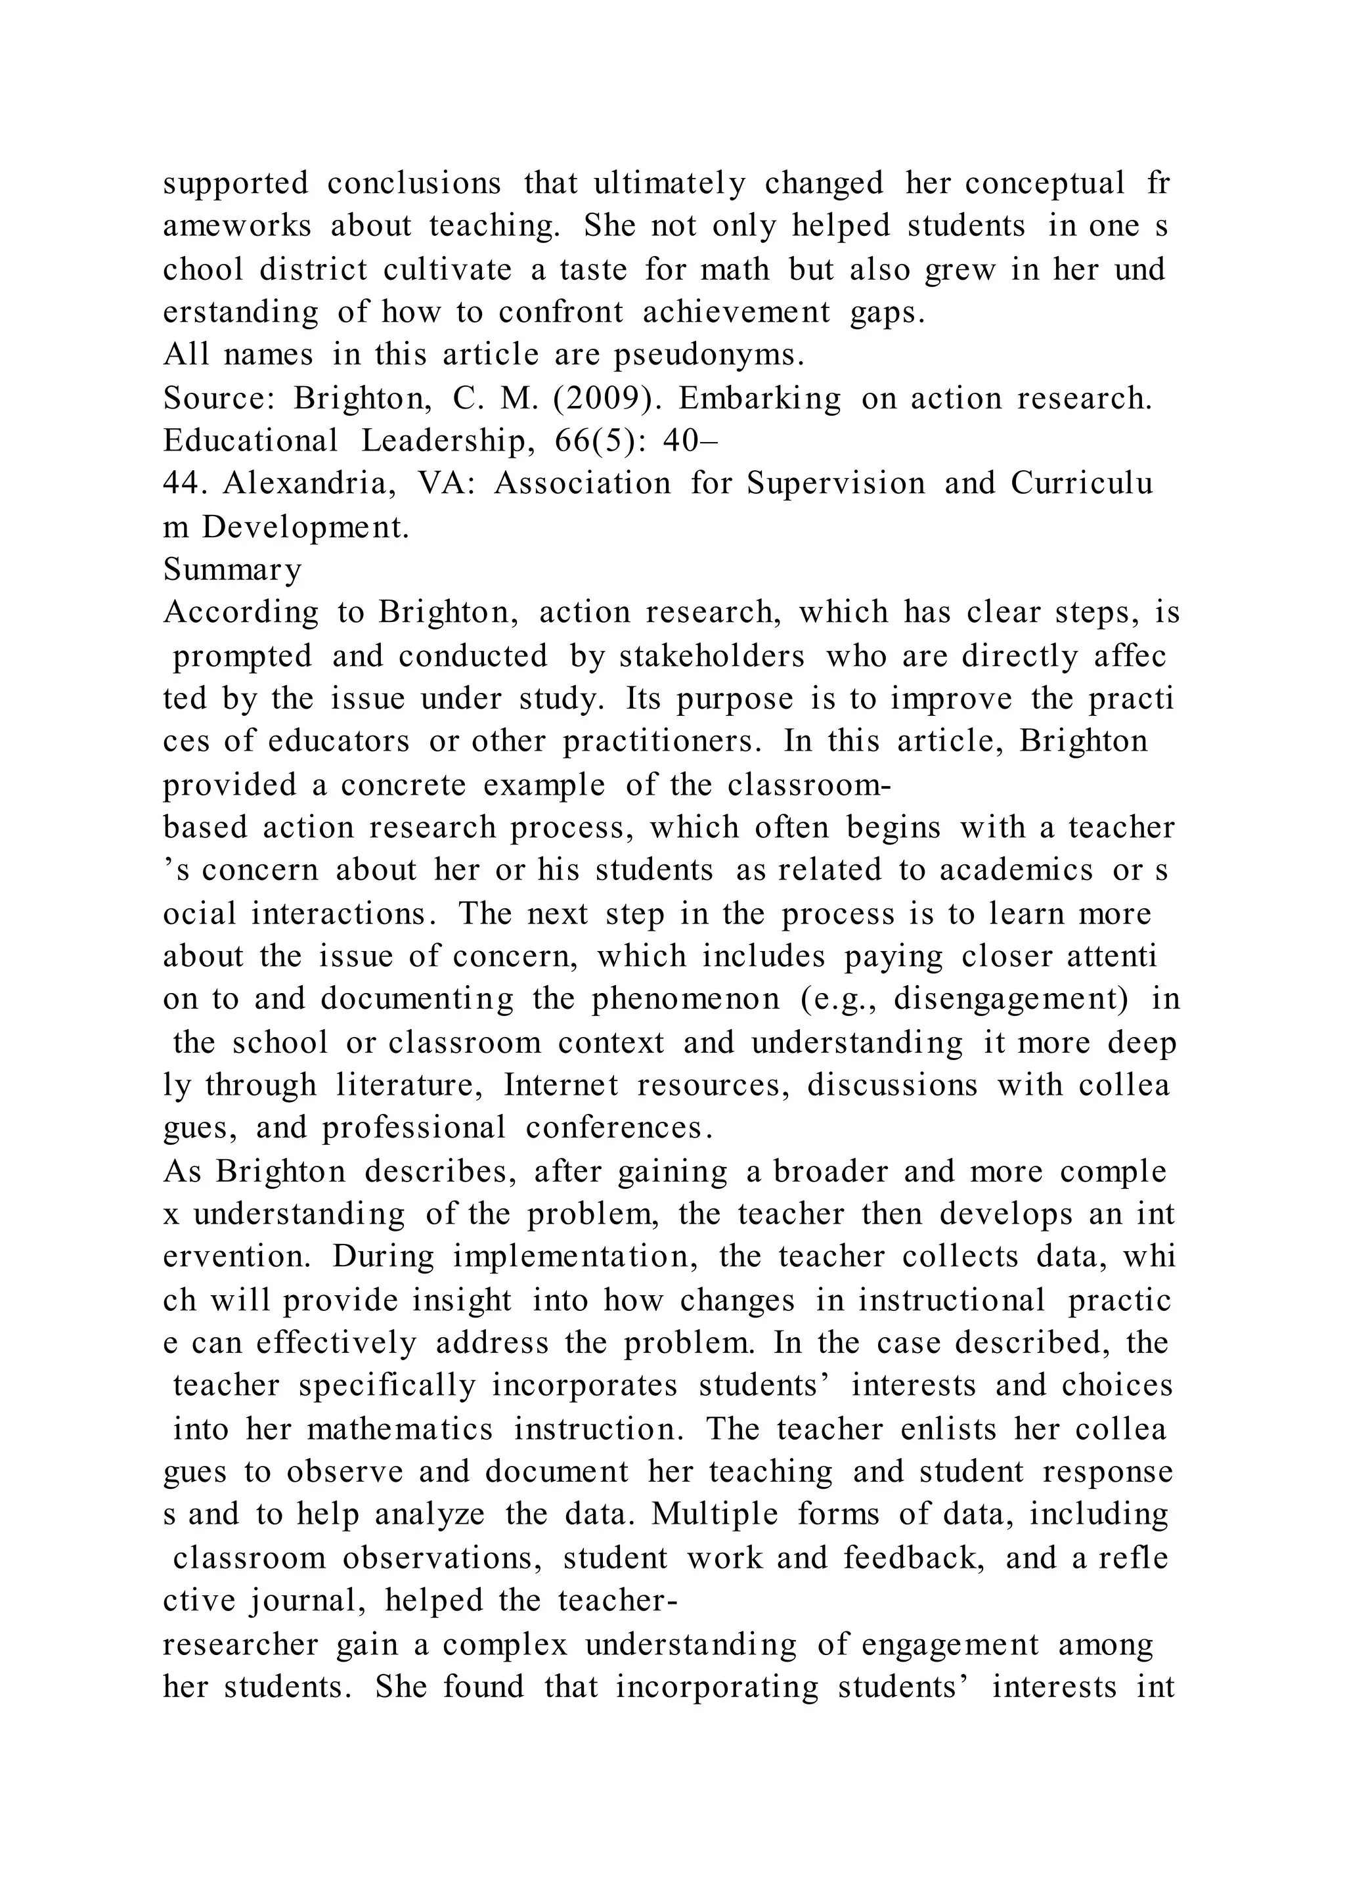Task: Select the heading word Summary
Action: pyautogui.click(x=232, y=570)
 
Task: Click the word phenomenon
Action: pyautogui.click(x=686, y=999)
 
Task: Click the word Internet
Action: pyautogui.click(x=561, y=1085)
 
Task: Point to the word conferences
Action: pyautogui.click(x=619, y=1128)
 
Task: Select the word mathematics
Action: pyautogui.click(x=399, y=1429)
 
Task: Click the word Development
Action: pyautogui.click(x=305, y=527)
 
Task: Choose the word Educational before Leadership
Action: pyautogui.click(x=250, y=441)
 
